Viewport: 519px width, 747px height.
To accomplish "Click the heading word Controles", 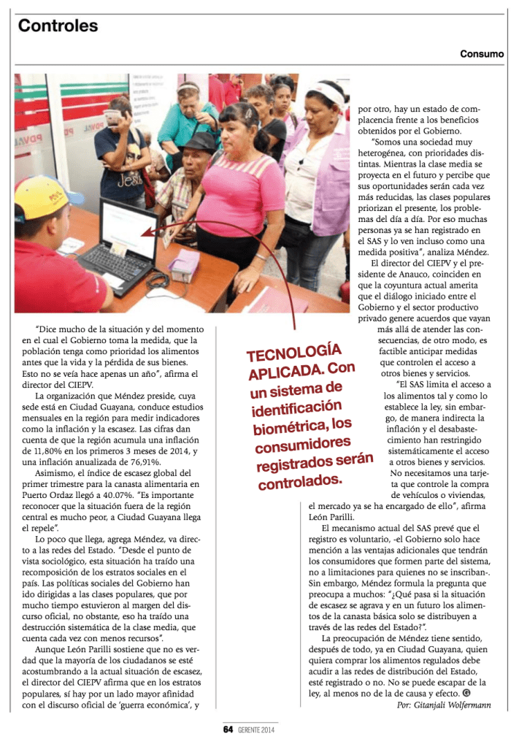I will click(58, 26).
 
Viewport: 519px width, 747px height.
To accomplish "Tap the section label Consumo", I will click(481, 54).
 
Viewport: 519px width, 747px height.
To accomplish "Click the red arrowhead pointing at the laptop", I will click(146, 233).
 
